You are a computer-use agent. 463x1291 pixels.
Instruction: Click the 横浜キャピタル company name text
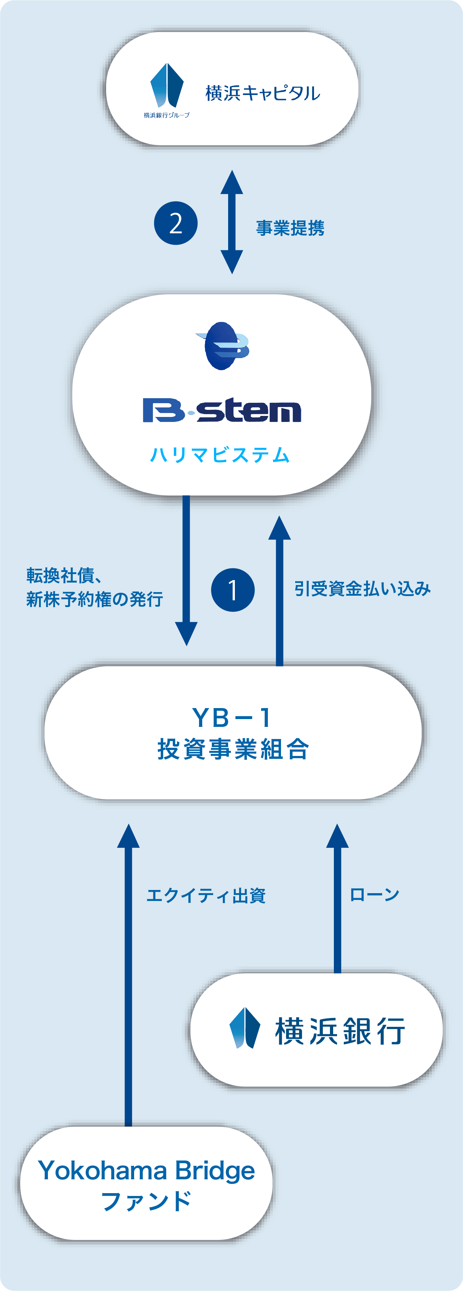point(262,93)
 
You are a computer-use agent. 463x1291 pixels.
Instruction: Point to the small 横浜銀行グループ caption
point(166,115)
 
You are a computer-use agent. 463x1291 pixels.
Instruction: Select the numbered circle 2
point(176,223)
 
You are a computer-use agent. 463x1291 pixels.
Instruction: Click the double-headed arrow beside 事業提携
point(232,222)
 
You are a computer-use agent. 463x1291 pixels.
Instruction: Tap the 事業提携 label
point(290,228)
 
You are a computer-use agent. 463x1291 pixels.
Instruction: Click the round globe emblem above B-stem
point(222,346)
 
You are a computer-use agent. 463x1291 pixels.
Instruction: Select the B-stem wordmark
point(222,410)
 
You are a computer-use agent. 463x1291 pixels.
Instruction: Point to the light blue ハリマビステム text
point(220,455)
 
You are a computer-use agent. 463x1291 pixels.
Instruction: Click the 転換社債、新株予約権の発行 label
point(95,588)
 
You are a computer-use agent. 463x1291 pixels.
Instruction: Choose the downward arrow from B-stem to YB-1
point(186,570)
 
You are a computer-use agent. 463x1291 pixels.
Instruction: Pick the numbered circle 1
point(233,590)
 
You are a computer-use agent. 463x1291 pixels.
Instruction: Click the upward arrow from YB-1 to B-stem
point(280,591)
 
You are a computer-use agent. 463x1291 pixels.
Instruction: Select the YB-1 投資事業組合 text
point(233,733)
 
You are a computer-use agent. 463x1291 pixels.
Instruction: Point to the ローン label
point(374,895)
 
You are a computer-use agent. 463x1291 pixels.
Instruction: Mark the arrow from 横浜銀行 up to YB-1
point(337,898)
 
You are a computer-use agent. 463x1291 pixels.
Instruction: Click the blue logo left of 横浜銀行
point(244,1028)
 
